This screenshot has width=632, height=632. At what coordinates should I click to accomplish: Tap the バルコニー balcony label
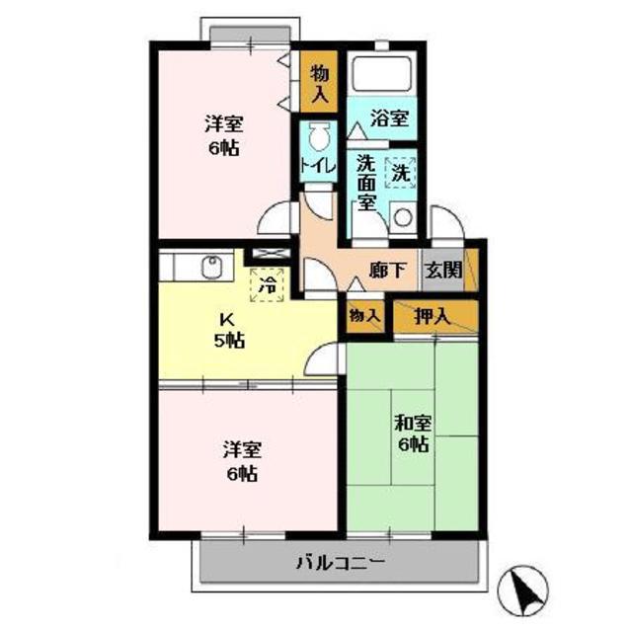(x=341, y=562)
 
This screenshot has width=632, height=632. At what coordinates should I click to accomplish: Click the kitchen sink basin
(x=211, y=268)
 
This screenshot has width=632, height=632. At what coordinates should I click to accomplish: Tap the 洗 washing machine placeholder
(x=401, y=172)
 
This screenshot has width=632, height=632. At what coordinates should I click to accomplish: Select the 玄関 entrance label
(x=443, y=269)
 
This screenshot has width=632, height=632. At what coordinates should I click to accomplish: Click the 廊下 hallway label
(x=387, y=270)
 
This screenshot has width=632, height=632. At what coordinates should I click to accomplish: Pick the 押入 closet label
(x=433, y=317)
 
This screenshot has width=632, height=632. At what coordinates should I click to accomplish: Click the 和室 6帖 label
(x=413, y=434)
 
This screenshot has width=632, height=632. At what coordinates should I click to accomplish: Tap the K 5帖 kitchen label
(x=228, y=331)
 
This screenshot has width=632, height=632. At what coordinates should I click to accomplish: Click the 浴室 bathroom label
(x=389, y=118)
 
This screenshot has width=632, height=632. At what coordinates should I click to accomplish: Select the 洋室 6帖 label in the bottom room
(x=242, y=461)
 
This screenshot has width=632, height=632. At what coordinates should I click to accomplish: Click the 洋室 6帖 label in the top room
(x=224, y=136)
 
